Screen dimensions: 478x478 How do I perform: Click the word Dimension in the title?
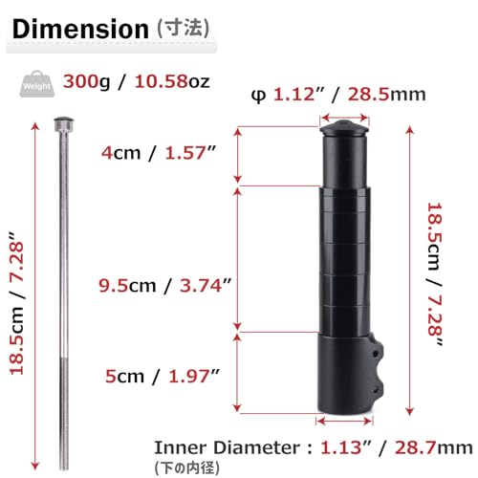coord(76,29)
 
